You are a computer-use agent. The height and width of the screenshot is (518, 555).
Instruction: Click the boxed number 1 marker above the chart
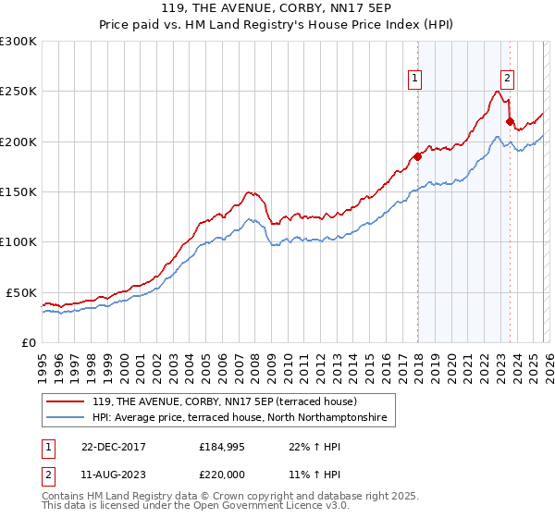[416, 80]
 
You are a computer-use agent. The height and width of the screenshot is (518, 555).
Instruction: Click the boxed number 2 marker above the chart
[508, 80]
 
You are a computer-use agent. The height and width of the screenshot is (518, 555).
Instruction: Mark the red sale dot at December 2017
[417, 156]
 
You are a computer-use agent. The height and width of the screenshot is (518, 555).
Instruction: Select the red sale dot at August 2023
[510, 121]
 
